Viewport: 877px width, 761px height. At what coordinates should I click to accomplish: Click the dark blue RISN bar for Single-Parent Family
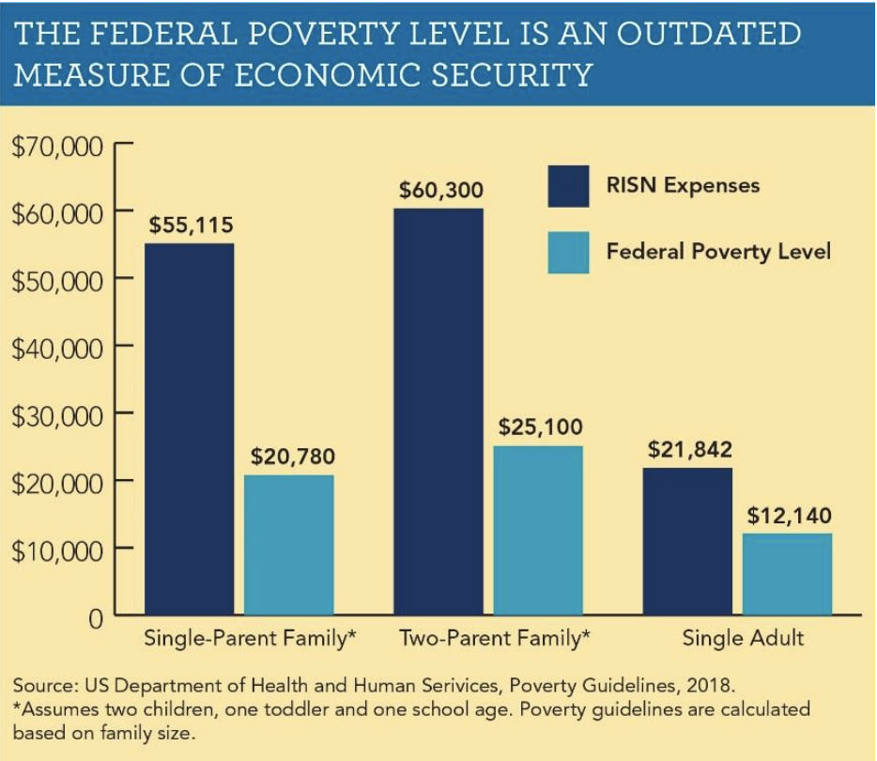pos(189,429)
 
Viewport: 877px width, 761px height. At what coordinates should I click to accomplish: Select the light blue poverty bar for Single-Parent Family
pos(289,545)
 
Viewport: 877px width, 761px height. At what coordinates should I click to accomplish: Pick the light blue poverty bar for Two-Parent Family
pos(538,531)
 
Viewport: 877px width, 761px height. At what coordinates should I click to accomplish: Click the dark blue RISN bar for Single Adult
pos(688,541)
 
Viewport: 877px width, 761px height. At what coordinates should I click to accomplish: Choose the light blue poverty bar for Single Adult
pos(787,574)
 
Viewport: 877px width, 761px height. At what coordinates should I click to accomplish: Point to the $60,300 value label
pos(440,192)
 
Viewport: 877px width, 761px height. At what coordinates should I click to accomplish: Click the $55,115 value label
pos(191,225)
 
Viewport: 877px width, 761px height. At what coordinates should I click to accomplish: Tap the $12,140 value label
pos(789,516)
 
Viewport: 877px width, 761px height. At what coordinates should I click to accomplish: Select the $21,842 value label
pos(689,450)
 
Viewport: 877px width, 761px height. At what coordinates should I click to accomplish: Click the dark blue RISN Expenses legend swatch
pos(568,186)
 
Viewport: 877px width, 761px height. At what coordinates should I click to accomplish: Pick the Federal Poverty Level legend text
pos(718,252)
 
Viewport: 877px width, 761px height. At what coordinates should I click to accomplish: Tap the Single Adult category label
pos(743,639)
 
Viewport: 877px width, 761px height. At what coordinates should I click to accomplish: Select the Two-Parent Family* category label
pos(495,639)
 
